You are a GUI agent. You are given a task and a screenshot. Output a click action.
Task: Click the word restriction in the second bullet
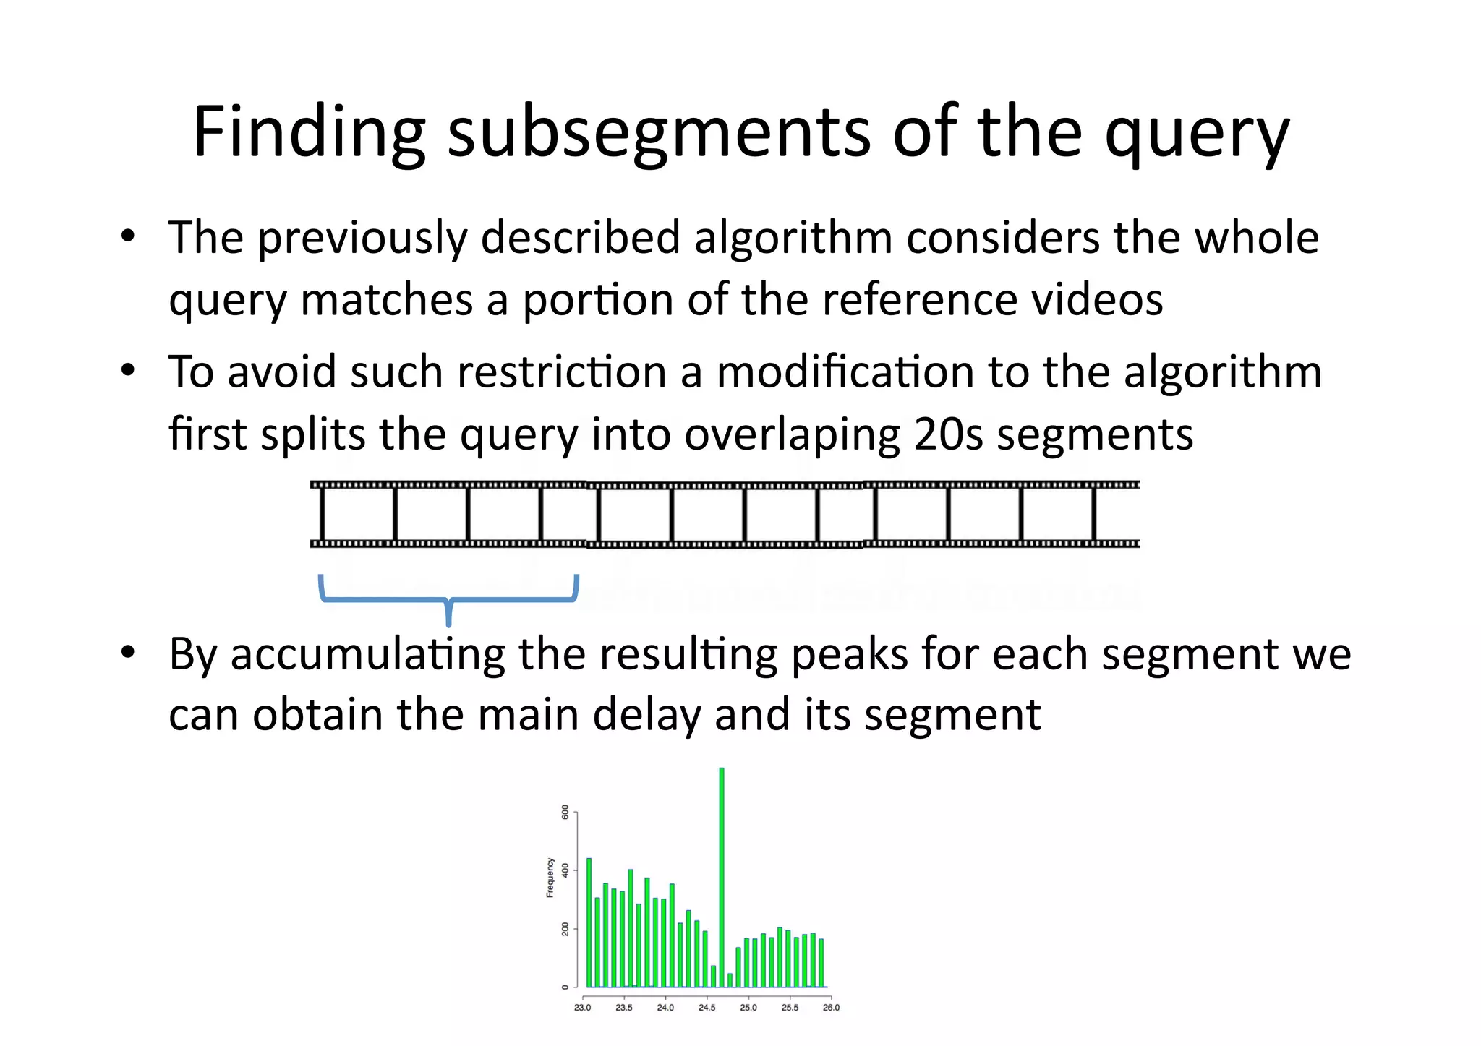pyautogui.click(x=562, y=372)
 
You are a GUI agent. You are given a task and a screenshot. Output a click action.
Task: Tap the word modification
pyautogui.click(x=845, y=372)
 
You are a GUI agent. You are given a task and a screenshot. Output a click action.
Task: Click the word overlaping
pyautogui.click(x=792, y=436)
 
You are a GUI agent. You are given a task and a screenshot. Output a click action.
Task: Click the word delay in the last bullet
pyautogui.click(x=648, y=716)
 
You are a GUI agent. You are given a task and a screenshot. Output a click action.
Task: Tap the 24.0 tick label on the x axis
pyautogui.click(x=665, y=1008)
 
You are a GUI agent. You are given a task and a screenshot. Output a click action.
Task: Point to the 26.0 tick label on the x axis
pyautogui.click(x=831, y=1008)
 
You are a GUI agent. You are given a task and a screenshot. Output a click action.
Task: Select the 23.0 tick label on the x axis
pyautogui.click(x=582, y=1008)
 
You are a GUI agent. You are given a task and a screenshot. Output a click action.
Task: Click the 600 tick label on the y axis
pyautogui.click(x=565, y=812)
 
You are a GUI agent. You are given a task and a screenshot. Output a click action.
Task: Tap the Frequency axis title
pyautogui.click(x=550, y=878)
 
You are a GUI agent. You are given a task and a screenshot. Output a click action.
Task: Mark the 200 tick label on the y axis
pyautogui.click(x=565, y=929)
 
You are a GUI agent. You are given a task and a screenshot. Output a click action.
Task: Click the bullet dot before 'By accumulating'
pyautogui.click(x=128, y=652)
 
